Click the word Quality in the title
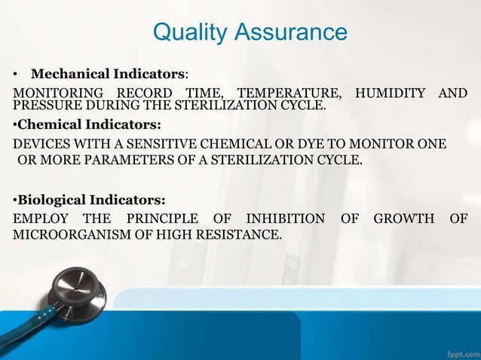(x=188, y=33)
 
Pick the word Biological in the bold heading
(x=52, y=200)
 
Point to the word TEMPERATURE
(x=290, y=93)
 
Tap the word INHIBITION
(x=282, y=219)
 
